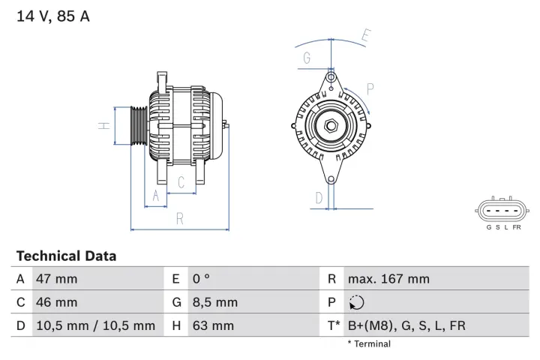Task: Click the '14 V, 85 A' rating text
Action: click(x=52, y=16)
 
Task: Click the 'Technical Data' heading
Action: click(x=66, y=256)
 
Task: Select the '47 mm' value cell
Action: click(x=57, y=279)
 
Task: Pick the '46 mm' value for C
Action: click(x=57, y=302)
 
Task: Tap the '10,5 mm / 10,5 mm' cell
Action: click(x=96, y=325)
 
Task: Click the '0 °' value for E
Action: click(x=201, y=279)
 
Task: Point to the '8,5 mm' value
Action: click(x=214, y=302)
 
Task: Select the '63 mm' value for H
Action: click(x=213, y=325)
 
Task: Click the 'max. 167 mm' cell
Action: click(x=388, y=279)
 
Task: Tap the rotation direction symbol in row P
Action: click(x=356, y=302)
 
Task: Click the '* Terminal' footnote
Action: click(x=369, y=343)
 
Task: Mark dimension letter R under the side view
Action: click(x=180, y=218)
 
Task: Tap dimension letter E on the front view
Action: click(x=366, y=35)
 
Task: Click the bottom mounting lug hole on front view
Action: click(x=331, y=178)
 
